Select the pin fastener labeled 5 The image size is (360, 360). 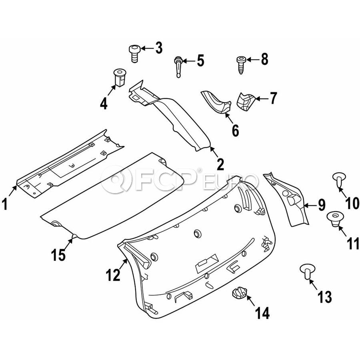point(178,66)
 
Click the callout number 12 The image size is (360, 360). point(113,275)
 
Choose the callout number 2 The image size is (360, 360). point(220,164)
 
